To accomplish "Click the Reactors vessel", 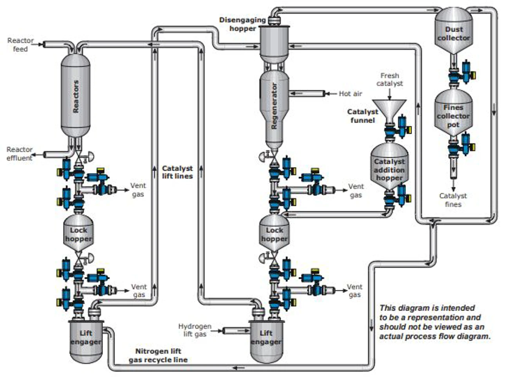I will pos(76,96).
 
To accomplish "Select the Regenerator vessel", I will pos(274,106).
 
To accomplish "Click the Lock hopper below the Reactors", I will pos(78,233).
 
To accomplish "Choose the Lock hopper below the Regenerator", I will pos(274,233).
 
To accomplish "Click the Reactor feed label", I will pos(20,45).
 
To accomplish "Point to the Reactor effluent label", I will pos(19,154).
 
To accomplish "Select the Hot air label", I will pos(350,94).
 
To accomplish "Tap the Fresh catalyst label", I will pos(390,80).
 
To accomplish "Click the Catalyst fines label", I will pos(453,200).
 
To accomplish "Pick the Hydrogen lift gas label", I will pos(195,330).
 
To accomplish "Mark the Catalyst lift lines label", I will pos(177,172).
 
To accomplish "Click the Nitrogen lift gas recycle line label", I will pos(158,355).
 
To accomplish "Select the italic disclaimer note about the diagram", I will pos(435,322).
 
